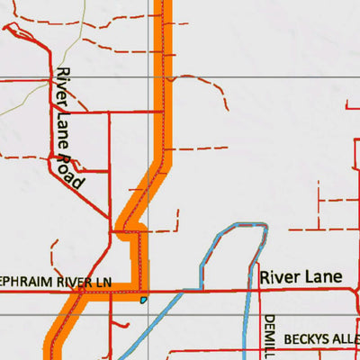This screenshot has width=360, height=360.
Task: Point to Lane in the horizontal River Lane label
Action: pos(322,277)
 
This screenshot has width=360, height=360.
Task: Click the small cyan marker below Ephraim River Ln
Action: pos(143,300)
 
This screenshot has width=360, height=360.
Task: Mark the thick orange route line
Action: pos(165,108)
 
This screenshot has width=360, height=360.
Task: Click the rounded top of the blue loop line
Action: pos(243,226)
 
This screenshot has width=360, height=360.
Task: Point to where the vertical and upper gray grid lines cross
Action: pos(150,77)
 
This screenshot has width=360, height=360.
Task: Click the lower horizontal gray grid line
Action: pos(27,314)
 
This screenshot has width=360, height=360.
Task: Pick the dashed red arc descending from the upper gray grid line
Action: pos(216,90)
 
